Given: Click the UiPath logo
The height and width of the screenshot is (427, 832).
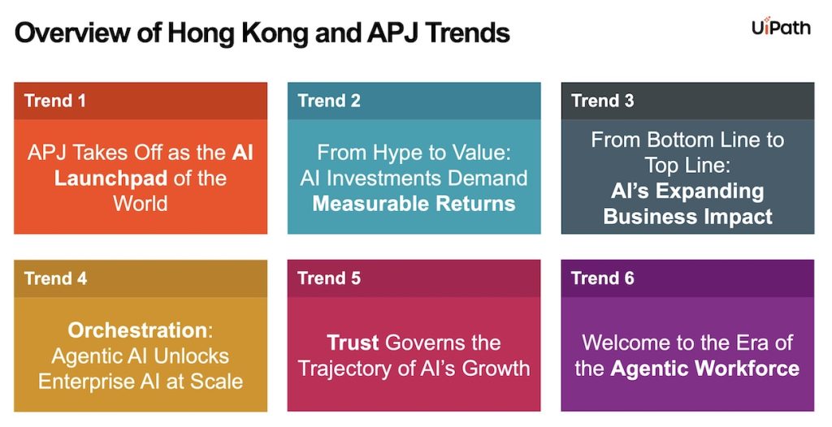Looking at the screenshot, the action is point(781,27).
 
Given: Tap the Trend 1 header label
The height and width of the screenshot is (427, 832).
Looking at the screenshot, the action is point(54,101).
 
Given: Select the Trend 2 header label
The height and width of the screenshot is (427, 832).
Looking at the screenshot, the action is point(328,101).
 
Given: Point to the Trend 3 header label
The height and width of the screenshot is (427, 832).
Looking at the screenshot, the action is point(602,101).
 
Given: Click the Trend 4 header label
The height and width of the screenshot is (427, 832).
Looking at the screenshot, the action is point(55,278).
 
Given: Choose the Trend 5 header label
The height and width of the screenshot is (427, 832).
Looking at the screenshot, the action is point(329,278).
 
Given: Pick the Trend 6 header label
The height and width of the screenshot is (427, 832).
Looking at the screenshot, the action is point(602,278).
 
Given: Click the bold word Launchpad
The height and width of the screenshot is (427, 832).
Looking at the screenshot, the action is point(110,179).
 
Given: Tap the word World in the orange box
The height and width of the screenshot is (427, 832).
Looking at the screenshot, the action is point(141,204).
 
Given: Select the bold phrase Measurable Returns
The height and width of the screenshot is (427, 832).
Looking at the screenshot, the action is point(414,204).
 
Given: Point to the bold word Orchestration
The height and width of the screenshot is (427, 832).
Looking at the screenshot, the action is point(136,330).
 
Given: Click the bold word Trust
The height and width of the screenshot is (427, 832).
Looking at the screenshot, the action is point(353,343).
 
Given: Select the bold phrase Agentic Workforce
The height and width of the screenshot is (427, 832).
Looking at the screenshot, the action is point(704,369).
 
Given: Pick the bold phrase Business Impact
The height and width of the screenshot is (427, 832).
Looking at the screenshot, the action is point(687,217).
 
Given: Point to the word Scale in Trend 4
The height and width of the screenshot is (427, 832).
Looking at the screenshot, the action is point(215,382).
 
